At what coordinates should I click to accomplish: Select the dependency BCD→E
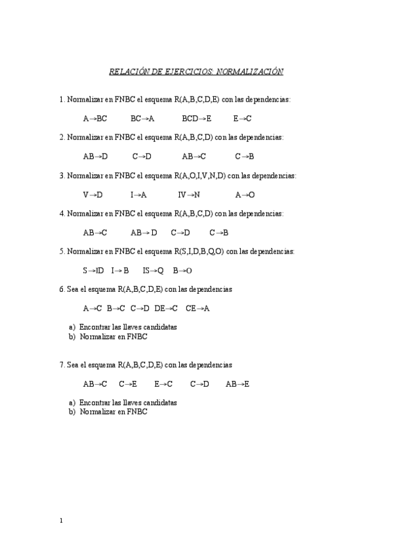pos(197,119)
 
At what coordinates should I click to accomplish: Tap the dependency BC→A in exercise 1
pos(142,119)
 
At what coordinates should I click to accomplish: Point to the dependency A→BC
pos(95,119)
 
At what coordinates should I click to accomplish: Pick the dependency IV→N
pos(189,195)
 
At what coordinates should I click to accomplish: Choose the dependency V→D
pos(93,195)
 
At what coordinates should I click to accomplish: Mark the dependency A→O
pos(245,195)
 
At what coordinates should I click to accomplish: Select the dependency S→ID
pos(93,270)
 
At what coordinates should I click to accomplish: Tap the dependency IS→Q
pos(153,270)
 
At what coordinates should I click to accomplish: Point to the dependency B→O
pos(182,270)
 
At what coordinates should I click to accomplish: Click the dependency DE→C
pos(166,308)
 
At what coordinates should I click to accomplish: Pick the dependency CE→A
pos(197,308)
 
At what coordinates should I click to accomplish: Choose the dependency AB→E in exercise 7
pos(238,384)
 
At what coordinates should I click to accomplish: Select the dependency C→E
pos(128,384)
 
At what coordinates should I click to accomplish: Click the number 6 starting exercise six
pos(61,289)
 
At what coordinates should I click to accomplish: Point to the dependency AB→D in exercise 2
pos(95,157)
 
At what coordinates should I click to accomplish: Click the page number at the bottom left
pos(61,521)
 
